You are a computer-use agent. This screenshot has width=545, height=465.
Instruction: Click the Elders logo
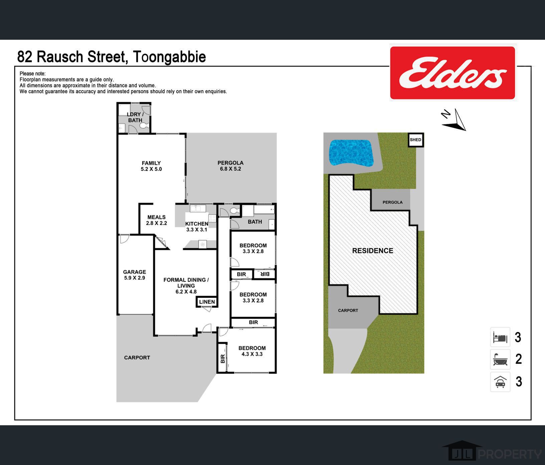(x=453, y=72)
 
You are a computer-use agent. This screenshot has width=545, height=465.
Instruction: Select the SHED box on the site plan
(x=416, y=140)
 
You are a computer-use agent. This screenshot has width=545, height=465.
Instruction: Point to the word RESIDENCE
(x=373, y=251)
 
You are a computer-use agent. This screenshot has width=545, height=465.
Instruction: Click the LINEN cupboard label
(x=207, y=302)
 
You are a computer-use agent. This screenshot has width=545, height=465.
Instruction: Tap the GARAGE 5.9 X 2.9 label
(x=134, y=275)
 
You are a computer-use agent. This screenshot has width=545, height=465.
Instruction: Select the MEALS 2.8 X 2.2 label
(x=156, y=220)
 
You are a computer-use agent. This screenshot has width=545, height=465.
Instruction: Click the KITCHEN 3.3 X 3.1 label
(x=197, y=226)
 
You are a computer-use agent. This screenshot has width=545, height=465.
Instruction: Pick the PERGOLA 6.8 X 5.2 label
(x=230, y=166)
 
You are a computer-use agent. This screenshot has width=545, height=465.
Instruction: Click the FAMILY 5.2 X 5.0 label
(x=151, y=166)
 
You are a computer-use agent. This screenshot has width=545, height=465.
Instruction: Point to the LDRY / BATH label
(x=135, y=117)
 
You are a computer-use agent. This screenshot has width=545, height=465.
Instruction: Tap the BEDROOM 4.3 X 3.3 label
(x=252, y=351)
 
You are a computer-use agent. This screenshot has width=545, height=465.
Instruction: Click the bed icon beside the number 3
(x=500, y=337)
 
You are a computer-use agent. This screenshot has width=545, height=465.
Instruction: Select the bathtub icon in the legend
(x=500, y=359)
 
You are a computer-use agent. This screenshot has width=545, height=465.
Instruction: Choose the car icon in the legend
(x=500, y=381)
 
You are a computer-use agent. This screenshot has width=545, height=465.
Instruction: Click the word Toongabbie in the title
(x=169, y=57)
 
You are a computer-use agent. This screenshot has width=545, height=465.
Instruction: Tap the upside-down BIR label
(x=264, y=274)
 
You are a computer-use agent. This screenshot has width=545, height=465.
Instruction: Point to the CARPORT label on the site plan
(x=348, y=310)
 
